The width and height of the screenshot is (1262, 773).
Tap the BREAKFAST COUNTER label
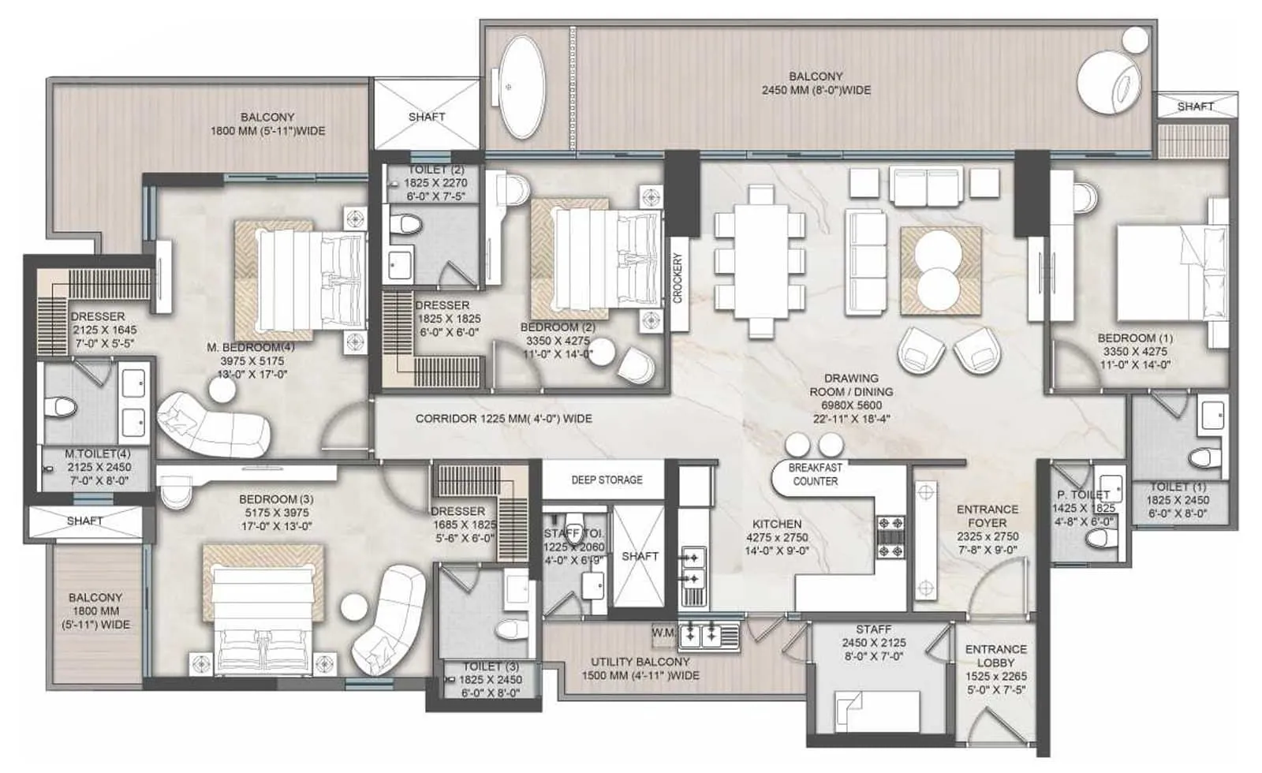click(x=816, y=474)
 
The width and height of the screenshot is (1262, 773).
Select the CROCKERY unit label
click(x=678, y=278)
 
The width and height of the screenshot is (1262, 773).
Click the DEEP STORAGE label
click(x=607, y=480)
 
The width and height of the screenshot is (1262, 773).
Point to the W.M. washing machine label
click(x=663, y=633)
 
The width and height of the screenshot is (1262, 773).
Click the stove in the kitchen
click(x=891, y=537)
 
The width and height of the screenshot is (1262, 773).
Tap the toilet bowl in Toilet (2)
click(x=408, y=226)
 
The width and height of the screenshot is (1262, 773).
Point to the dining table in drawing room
click(x=760, y=260)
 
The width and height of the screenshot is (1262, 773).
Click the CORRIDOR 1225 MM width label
click(x=503, y=419)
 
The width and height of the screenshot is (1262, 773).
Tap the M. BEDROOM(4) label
click(x=251, y=347)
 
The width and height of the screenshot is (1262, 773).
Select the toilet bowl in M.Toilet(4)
click(x=61, y=407)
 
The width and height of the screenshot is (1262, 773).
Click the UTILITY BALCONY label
click(x=640, y=669)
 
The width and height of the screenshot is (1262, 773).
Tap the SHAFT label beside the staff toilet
click(x=640, y=556)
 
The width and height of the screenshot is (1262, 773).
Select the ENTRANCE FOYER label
click(x=987, y=516)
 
